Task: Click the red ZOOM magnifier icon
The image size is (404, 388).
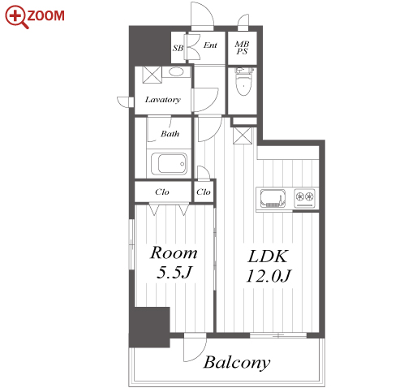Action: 17,17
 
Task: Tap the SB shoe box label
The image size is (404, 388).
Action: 178,48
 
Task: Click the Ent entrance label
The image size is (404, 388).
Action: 210,45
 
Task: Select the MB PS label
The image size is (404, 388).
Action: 242,48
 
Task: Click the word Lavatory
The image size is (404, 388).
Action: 163,100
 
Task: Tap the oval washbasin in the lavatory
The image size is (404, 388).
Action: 176,71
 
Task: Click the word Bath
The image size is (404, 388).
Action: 170,134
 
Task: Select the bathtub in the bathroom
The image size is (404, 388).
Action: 169,164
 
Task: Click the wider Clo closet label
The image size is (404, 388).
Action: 162,192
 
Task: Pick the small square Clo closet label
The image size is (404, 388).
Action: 204,192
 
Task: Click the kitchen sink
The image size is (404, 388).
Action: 273,198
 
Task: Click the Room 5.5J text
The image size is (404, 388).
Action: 174,262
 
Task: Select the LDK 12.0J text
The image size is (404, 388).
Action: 269,266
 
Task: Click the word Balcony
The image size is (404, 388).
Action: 237,363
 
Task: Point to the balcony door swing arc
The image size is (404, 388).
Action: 200,356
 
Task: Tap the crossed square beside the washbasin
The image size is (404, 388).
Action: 152,75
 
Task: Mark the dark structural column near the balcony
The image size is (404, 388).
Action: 149,327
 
